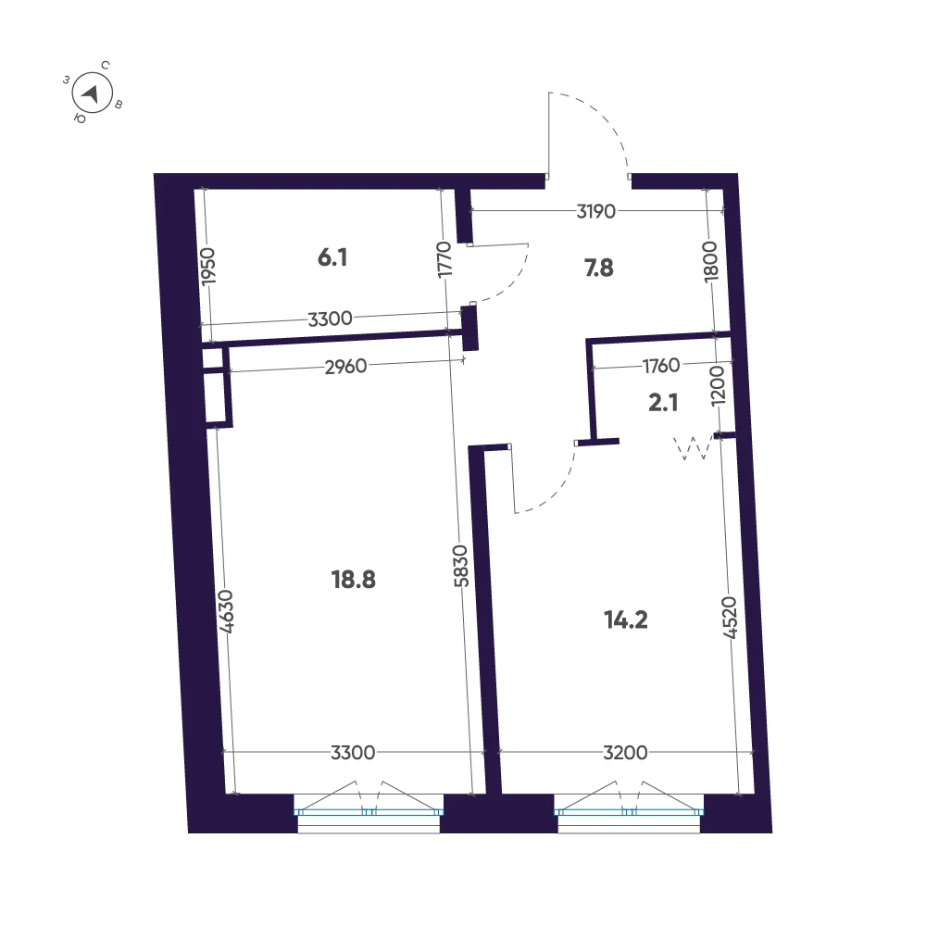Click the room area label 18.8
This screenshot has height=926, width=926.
tap(353, 580)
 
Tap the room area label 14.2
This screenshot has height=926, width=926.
tap(626, 620)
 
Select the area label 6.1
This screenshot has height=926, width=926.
tap(332, 257)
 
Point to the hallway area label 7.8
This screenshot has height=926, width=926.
tap(599, 269)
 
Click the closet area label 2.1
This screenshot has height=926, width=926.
tap(663, 403)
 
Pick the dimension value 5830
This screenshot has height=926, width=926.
tap(461, 566)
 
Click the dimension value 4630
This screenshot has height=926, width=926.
tap(226, 611)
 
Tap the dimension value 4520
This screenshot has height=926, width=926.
tap(730, 618)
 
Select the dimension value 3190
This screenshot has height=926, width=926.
tap(595, 211)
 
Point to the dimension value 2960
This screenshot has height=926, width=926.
tap(346, 367)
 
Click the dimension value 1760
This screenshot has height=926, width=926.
tap(661, 366)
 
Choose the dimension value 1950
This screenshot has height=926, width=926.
tap(207, 267)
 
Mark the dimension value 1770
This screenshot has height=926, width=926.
tap(444, 259)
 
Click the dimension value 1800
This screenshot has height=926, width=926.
tap(711, 262)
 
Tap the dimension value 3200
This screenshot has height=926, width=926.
tap(625, 753)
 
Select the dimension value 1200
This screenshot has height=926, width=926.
tap(717, 385)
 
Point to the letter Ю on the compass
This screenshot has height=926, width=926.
tap(81, 119)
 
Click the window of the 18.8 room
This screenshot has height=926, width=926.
tap(369, 813)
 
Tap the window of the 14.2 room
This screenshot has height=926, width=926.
tap(629, 813)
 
